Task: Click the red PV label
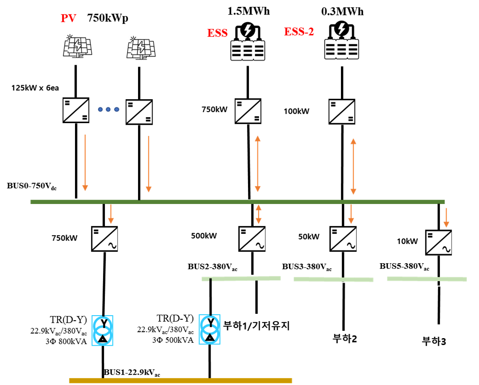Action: (x=68, y=18)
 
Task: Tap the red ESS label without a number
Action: (x=217, y=33)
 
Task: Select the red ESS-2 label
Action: (x=299, y=32)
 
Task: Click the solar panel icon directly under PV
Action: (x=77, y=46)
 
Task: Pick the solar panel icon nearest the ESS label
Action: (x=141, y=47)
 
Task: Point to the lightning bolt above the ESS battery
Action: (x=248, y=30)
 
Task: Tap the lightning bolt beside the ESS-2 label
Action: (x=341, y=29)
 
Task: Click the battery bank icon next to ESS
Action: (x=248, y=50)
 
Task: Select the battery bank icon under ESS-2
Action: (x=341, y=49)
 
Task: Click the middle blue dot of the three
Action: (x=108, y=109)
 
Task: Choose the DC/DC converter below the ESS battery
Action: (x=248, y=111)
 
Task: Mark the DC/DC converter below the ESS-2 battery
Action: (x=342, y=112)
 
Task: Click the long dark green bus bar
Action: (x=237, y=202)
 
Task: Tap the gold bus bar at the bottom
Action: (x=180, y=380)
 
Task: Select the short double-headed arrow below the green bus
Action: (x=258, y=214)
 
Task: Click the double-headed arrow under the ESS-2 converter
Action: (x=353, y=167)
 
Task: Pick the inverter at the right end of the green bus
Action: (x=439, y=242)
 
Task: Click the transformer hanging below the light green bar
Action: (x=210, y=329)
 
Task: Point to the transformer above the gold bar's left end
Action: (x=102, y=330)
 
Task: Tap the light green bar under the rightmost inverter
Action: (x=427, y=279)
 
